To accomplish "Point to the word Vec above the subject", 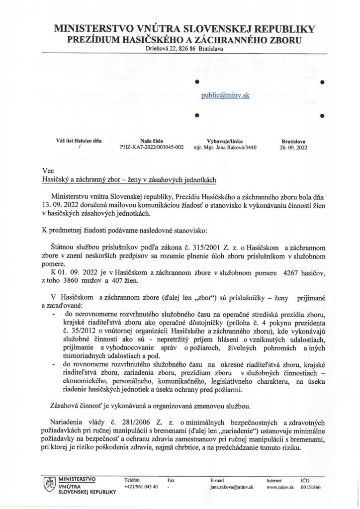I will pos(49,170).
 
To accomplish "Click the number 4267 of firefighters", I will pos(292,273).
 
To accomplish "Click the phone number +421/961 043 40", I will pos(141,488).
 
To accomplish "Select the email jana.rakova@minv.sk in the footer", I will pos(232,488).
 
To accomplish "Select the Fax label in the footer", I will pos(172,481).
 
